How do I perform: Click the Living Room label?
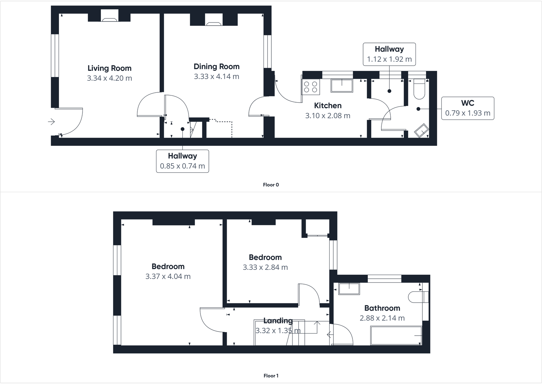(x=109, y=68)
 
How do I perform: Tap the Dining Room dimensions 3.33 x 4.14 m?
(x=216, y=77)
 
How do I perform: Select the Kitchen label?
(x=328, y=106)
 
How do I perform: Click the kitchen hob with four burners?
(x=311, y=87)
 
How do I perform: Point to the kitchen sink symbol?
(x=342, y=86)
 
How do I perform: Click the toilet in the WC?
(x=419, y=89)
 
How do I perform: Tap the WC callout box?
(x=467, y=108)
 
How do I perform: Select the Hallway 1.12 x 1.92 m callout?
(x=389, y=54)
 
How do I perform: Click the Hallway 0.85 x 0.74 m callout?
(x=182, y=161)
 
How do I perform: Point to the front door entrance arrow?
(x=51, y=122)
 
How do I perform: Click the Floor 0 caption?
(x=271, y=185)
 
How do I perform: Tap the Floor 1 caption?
(x=271, y=376)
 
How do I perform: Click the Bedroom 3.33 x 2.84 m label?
(x=265, y=258)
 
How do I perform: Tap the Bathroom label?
(x=382, y=308)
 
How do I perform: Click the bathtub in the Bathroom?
(x=396, y=336)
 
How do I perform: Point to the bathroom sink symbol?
(x=349, y=289)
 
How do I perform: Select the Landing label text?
(x=278, y=321)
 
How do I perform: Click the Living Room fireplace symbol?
(x=109, y=19)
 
